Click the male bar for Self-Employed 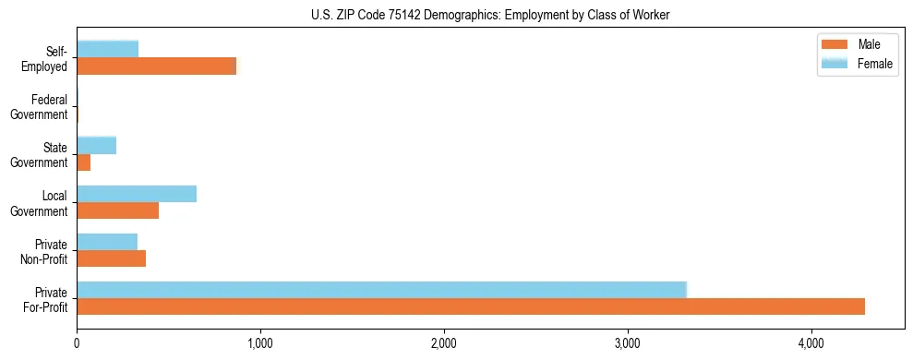pyautogui.click(x=156, y=66)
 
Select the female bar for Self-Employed pyautogui.click(x=107, y=49)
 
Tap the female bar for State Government pyautogui.click(x=96, y=145)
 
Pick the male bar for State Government pyautogui.click(x=83, y=162)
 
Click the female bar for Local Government pyautogui.click(x=137, y=193)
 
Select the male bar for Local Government pyautogui.click(x=117, y=210)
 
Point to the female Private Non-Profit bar pyautogui.click(x=107, y=241)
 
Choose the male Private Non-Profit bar pyautogui.click(x=111, y=258)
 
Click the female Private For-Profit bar pyautogui.click(x=381, y=289)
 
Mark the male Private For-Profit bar pyautogui.click(x=471, y=306)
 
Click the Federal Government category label pyautogui.click(x=40, y=107)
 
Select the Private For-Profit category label pyautogui.click(x=45, y=300)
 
